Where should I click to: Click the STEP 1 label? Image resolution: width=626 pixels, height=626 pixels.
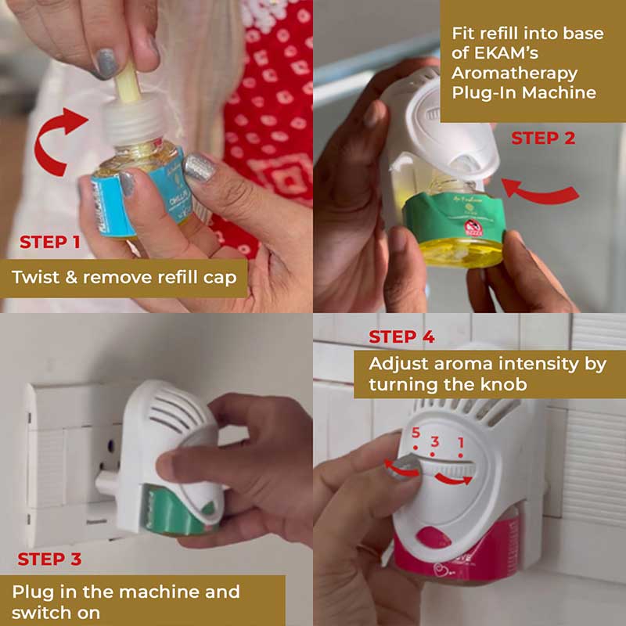[x=50, y=242]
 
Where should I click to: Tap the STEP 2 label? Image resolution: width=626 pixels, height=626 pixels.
[x=543, y=139]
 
